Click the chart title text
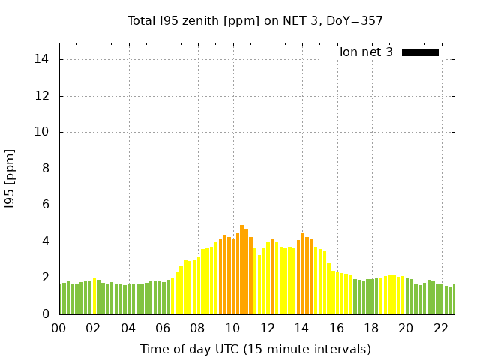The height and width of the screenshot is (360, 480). tap(255, 20)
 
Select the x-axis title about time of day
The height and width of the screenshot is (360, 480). tap(255, 349)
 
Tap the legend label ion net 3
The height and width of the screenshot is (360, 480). tap(366, 52)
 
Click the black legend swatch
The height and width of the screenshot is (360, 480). tap(420, 52)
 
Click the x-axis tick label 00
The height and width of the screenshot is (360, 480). tap(58, 328)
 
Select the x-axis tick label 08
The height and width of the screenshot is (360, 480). tap(197, 328)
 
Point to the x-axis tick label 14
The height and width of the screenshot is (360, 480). tap(301, 328)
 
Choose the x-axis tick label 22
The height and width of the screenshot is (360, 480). tap(440, 328)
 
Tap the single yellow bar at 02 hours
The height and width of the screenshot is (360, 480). tap(94, 296)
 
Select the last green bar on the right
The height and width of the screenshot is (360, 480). tap(451, 300)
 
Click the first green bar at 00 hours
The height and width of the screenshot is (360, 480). tap(61, 299)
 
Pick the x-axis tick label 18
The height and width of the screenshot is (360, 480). tap(370, 328)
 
